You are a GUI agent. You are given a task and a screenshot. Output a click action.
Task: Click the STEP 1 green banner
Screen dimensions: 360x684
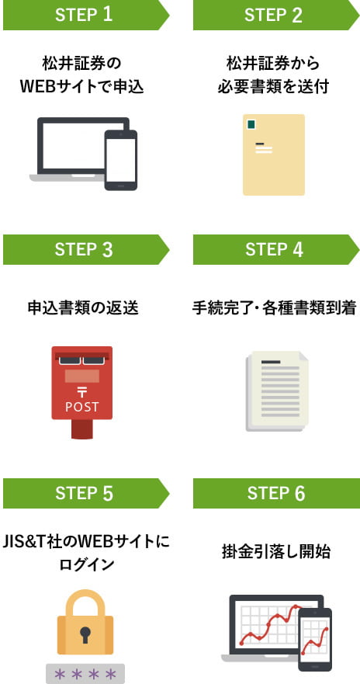(x=86, y=15)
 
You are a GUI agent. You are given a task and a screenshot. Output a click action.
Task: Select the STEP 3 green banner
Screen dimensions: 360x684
(x=86, y=249)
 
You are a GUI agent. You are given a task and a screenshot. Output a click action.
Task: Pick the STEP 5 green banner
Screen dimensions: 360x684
(x=86, y=493)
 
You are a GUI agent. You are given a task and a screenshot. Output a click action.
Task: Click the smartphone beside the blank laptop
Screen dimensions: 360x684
(x=121, y=160)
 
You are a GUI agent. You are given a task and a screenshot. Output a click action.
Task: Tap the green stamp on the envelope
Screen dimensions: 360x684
(x=251, y=124)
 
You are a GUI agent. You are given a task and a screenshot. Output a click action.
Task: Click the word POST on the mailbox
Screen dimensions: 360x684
(x=82, y=407)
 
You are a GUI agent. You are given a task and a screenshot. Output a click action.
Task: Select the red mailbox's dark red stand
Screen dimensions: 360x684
(x=82, y=429)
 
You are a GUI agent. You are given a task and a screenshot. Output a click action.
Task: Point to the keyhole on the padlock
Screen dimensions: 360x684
(x=85, y=634)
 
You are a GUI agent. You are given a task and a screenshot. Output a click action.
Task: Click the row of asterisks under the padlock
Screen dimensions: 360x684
(x=85, y=674)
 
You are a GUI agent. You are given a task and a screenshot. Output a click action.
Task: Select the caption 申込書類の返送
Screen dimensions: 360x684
(x=83, y=308)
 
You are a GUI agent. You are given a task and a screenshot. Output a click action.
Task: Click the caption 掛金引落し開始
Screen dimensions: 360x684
(x=276, y=552)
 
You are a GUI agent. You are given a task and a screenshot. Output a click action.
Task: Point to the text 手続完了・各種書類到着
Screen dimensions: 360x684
(x=275, y=308)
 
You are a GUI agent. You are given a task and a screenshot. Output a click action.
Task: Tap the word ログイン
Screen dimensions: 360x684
(x=86, y=564)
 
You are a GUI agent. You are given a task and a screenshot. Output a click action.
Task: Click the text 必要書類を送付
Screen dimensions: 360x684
(x=273, y=86)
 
